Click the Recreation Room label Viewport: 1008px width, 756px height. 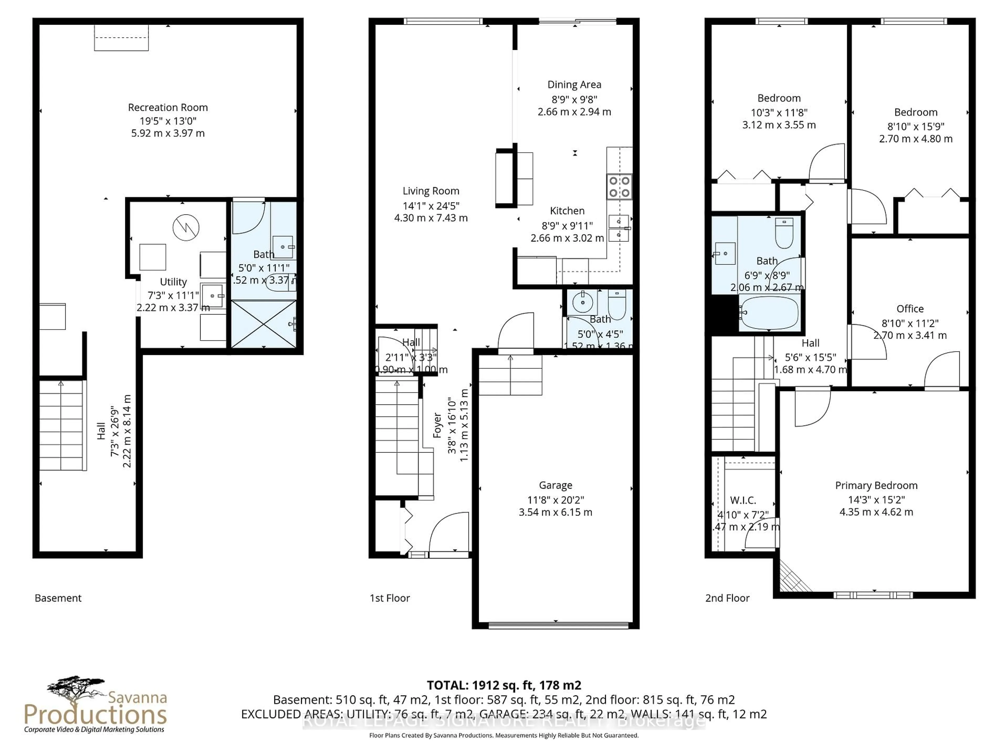tap(168, 108)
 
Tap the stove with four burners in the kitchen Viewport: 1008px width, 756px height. tap(619, 187)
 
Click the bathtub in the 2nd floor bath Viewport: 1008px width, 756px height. tap(769, 313)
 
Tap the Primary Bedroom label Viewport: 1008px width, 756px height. tap(876, 486)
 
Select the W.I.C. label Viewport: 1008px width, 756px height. tap(743, 500)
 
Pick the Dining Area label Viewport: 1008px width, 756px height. tap(574, 85)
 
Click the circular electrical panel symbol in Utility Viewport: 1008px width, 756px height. tap(186, 227)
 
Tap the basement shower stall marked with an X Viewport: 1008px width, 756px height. tap(263, 324)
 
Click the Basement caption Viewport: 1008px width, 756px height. tap(58, 598)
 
